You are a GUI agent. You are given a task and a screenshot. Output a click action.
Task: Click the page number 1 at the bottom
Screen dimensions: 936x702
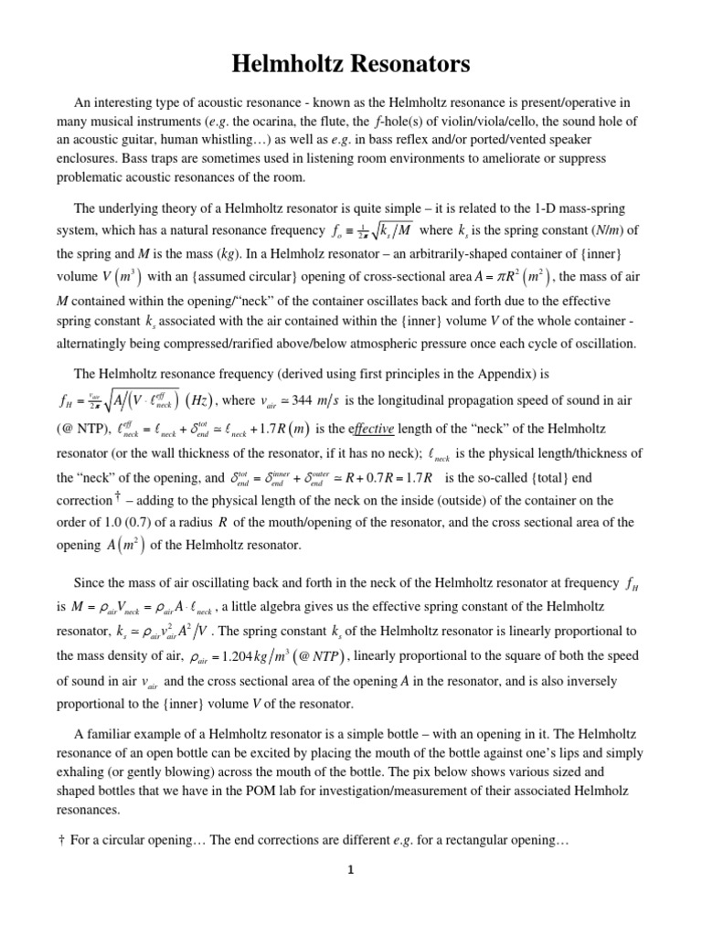coord(350,896)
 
